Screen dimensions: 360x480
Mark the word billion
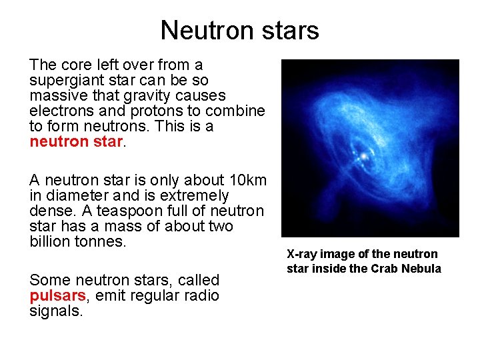coord(50,241)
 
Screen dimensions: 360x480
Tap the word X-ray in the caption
coord(303,254)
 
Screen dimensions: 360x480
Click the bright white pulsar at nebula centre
coord(364,156)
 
